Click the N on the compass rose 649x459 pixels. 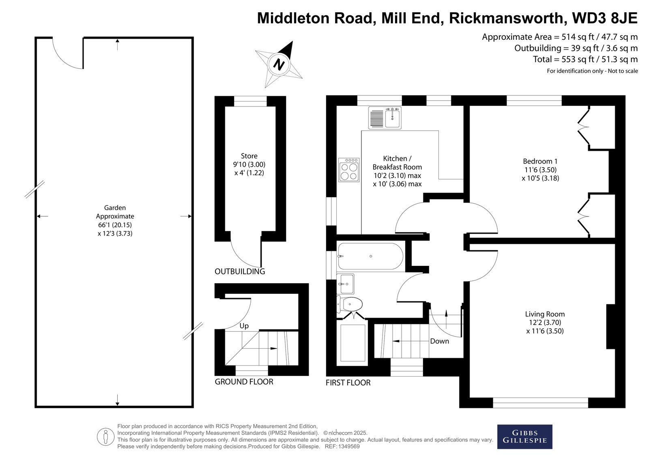point(279,65)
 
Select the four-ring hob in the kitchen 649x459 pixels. point(349,170)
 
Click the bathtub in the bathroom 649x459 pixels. point(370,256)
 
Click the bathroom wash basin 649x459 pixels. point(346,284)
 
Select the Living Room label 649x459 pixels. point(545,314)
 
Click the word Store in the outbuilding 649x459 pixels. point(249,156)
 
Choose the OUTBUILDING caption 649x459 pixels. point(240,272)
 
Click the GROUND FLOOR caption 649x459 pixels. point(244,381)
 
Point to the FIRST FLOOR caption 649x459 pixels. point(348,383)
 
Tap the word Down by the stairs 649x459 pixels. point(440,341)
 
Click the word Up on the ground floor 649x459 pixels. point(244,326)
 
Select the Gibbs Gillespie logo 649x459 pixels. point(525,437)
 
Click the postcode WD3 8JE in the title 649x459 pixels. point(605,18)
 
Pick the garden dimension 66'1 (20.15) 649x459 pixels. point(115,225)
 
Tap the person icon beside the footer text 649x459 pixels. point(105,437)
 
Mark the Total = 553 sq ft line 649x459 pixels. point(585,59)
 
